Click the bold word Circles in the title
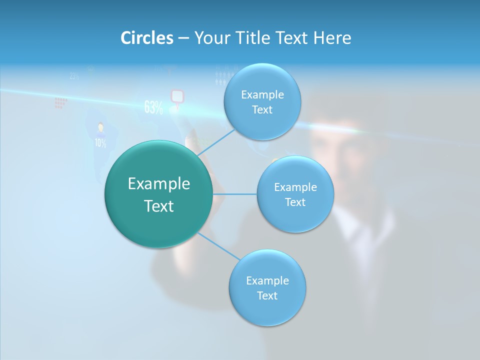(146, 38)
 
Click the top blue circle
(262, 102)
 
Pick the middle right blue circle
(295, 194)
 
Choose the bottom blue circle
(267, 288)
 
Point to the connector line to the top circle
(216, 141)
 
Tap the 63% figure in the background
(153, 107)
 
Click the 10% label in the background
(100, 143)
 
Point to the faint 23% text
(74, 76)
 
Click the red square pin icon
(177, 95)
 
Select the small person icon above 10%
(100, 128)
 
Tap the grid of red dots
(60, 103)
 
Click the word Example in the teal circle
(159, 184)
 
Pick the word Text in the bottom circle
(267, 295)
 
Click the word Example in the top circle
(262, 94)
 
